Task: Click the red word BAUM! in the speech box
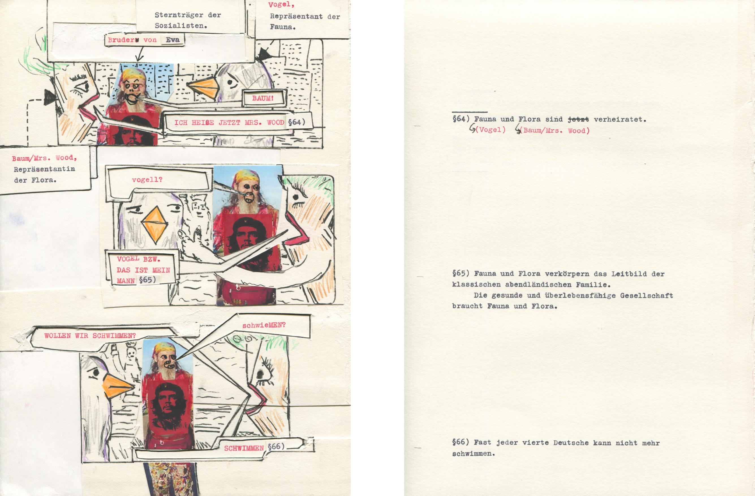coord(263,98)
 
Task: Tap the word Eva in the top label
coord(173,40)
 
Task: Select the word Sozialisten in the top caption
coord(180,26)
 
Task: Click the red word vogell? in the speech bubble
coord(147,180)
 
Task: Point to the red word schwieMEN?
coord(264,325)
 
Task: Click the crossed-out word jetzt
coord(578,120)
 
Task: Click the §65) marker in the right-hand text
coord(461,273)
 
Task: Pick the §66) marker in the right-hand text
coord(461,442)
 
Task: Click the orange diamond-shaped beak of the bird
coord(154,225)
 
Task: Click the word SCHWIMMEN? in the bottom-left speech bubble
coord(114,336)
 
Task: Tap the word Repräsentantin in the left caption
coord(44,169)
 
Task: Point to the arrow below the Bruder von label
coord(139,53)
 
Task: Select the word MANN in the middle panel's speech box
coord(126,281)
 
